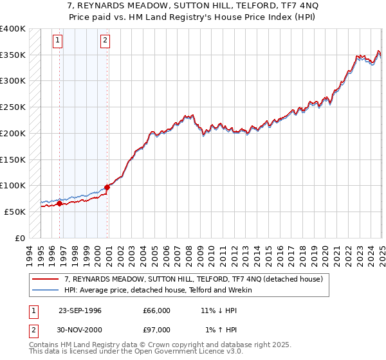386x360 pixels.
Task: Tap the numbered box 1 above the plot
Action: tap(58, 41)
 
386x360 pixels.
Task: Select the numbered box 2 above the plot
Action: tap(105, 41)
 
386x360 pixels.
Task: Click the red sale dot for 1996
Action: tap(60, 204)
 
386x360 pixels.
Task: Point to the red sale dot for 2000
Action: tap(107, 187)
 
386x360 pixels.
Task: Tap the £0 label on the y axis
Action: tap(20, 238)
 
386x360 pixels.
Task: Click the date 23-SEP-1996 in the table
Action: tap(80, 310)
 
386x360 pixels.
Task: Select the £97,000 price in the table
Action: tap(157, 329)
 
